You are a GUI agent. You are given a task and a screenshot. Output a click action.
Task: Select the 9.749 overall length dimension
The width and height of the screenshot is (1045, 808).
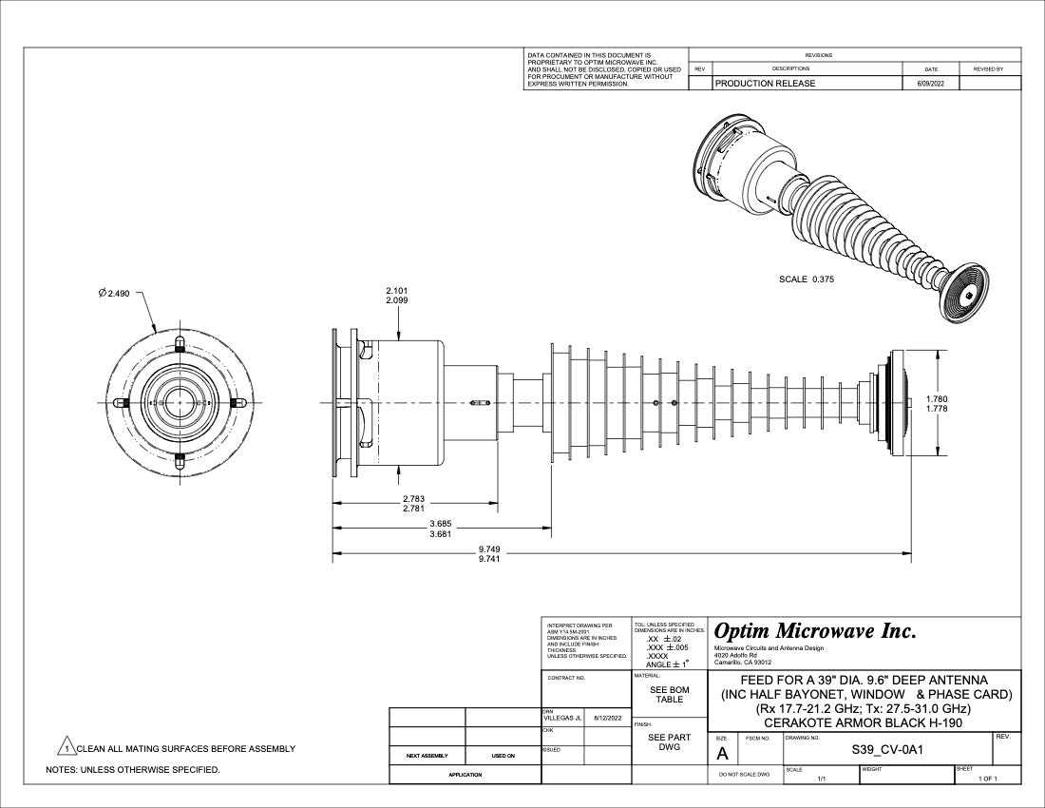click(x=490, y=549)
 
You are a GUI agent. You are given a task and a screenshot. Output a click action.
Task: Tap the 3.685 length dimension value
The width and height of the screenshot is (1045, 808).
click(x=440, y=524)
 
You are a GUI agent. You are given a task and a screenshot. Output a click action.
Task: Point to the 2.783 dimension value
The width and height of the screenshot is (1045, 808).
click(x=413, y=498)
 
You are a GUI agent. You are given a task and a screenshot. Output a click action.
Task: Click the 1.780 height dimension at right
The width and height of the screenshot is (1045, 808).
click(x=936, y=399)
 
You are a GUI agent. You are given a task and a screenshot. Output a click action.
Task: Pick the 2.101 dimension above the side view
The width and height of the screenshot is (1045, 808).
click(x=398, y=290)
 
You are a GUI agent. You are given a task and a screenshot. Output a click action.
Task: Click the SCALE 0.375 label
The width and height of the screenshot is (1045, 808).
click(x=806, y=279)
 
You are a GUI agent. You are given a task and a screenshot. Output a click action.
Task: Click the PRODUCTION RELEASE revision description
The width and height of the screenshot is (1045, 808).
click(x=765, y=84)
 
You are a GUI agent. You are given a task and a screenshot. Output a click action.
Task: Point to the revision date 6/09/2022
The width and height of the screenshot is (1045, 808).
click(x=930, y=84)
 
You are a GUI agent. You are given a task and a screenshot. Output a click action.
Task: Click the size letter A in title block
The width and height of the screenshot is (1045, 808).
click(x=722, y=754)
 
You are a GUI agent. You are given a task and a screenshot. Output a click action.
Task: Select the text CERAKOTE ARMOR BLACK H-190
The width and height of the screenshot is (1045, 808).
click(x=864, y=722)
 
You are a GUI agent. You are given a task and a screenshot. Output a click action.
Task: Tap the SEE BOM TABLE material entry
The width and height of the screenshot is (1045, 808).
click(x=669, y=695)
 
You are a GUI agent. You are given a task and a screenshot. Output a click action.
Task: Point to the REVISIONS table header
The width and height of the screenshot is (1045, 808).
click(x=818, y=55)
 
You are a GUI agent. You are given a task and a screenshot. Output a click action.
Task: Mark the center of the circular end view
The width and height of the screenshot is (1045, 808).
click(x=179, y=402)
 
